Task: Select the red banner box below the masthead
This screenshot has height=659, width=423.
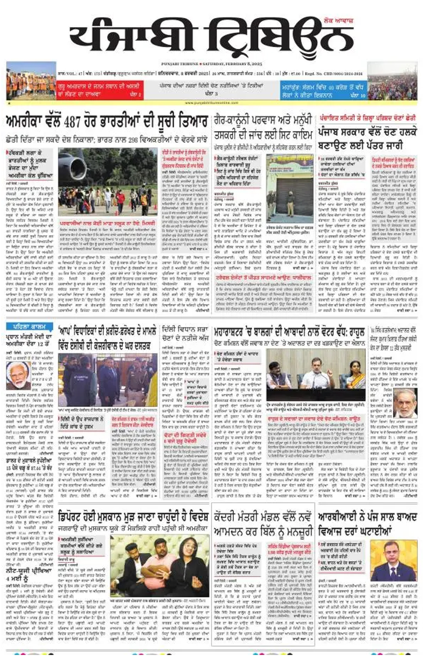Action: (100, 90)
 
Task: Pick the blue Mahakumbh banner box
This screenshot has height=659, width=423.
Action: (323, 90)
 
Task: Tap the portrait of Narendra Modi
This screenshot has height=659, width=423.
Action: (18, 375)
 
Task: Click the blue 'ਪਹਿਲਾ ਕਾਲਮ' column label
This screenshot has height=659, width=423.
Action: (29, 327)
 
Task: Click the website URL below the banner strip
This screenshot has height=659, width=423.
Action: (211, 103)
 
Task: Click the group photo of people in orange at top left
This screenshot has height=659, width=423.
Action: (31, 81)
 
